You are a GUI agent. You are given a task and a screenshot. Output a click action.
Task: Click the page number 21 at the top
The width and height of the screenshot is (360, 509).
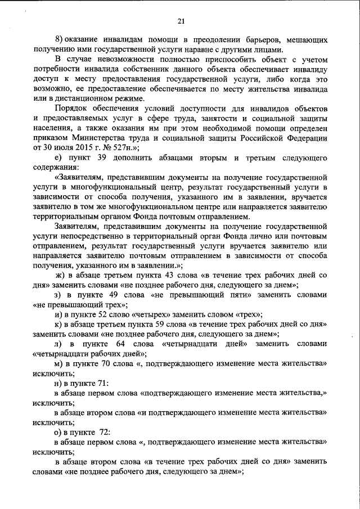pos(181,21)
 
